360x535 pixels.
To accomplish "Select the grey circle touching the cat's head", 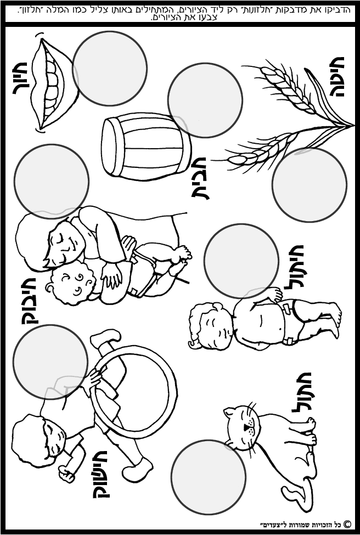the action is coord(209,477).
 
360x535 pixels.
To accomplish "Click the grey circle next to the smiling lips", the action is coord(110,68).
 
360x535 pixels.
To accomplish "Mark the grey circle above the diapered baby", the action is coord(241,261).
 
